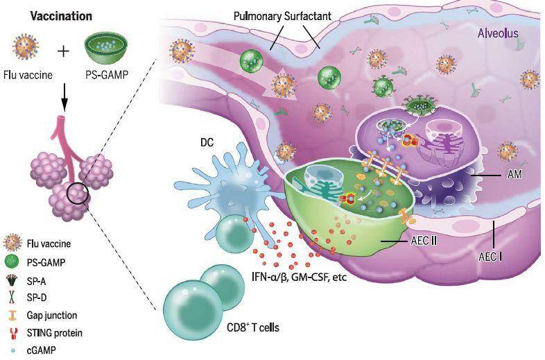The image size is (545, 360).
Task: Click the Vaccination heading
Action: coord(61,16)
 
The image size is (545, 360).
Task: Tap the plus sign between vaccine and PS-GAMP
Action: coord(63,51)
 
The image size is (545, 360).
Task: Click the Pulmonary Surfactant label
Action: coord(282,17)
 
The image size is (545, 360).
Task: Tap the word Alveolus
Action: coord(498,33)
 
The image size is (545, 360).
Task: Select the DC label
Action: coord(207,142)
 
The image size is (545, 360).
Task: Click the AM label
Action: coord(514,174)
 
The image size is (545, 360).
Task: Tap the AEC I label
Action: coord(490,257)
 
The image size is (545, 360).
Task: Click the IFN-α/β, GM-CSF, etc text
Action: coord(299,277)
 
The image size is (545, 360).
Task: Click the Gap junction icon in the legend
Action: coord(12,315)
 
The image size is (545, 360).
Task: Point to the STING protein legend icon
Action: coord(13,334)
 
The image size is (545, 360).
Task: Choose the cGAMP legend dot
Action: coord(13,350)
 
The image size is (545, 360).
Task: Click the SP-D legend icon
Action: coord(12,297)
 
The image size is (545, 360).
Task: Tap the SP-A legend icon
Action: coord(12,280)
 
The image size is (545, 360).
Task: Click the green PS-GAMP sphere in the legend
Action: coord(12,262)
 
